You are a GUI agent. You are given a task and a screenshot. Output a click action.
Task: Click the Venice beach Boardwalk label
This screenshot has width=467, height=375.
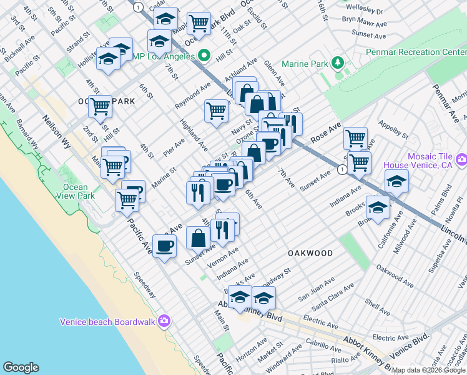(109, 322)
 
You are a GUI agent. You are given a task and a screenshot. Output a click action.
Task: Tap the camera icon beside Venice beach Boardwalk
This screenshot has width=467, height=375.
(164, 321)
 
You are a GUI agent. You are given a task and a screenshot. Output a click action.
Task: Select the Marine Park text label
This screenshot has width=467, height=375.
(304, 63)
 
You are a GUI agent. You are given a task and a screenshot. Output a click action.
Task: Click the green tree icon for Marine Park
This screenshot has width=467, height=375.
(338, 62)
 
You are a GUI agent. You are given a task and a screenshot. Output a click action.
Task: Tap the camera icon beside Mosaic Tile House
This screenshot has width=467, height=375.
(462, 161)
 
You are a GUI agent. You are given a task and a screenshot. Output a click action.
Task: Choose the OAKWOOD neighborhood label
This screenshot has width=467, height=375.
(310, 252)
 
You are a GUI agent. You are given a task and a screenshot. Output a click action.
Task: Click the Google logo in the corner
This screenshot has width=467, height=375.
(21, 367)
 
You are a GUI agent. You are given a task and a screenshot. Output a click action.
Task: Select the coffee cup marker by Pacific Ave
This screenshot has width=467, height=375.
(164, 246)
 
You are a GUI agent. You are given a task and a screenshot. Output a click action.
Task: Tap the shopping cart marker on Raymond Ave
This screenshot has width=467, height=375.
(216, 111)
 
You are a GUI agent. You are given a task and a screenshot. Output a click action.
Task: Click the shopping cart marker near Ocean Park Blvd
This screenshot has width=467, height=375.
(199, 23)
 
